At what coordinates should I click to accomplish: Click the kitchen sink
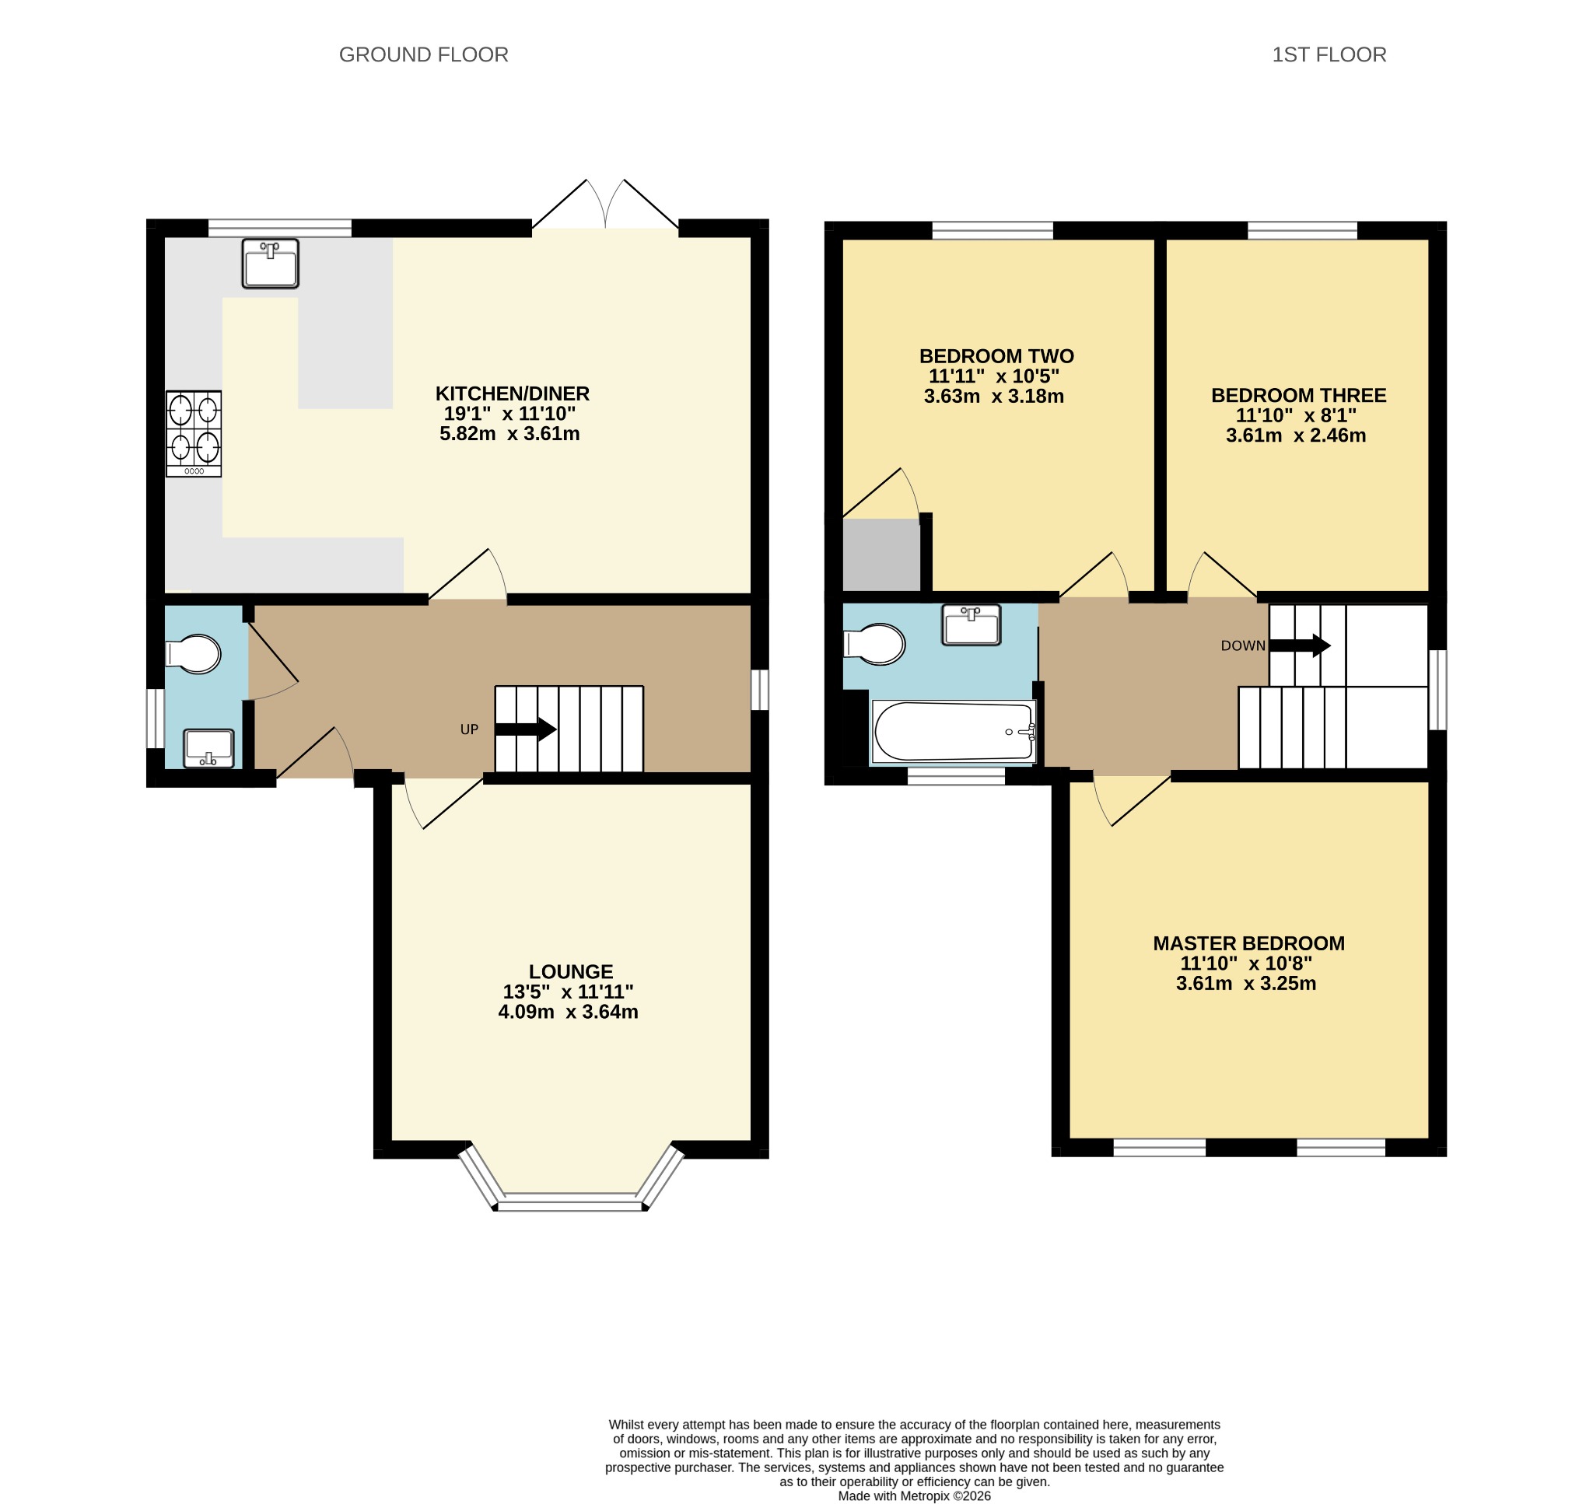pos(270,263)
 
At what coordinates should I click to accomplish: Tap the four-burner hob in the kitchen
pos(194,434)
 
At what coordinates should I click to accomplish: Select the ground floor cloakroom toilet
pos(193,654)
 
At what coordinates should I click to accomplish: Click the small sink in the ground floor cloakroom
pos(208,749)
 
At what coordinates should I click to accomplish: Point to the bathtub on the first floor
pos(954,731)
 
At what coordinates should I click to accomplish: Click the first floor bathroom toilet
pos(874,644)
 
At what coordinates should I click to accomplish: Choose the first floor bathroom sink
pos(971,624)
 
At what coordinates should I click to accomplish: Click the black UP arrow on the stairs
pos(526,729)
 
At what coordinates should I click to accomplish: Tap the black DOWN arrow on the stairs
pos(1301,645)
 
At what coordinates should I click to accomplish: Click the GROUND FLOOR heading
pos(423,54)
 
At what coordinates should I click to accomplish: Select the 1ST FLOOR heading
pos(1329,54)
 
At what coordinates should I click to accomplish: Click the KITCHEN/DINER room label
pos(513,393)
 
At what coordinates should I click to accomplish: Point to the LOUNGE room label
pos(571,971)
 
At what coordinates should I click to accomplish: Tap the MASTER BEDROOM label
pos(1249,943)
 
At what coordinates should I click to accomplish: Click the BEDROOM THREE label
pos(1299,395)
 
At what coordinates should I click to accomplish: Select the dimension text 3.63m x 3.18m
pos(994,396)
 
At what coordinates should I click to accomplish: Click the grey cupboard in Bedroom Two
pos(882,554)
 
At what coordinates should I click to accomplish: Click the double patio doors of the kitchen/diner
pos(605,205)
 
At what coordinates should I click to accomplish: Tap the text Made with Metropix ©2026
pos(914,1496)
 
